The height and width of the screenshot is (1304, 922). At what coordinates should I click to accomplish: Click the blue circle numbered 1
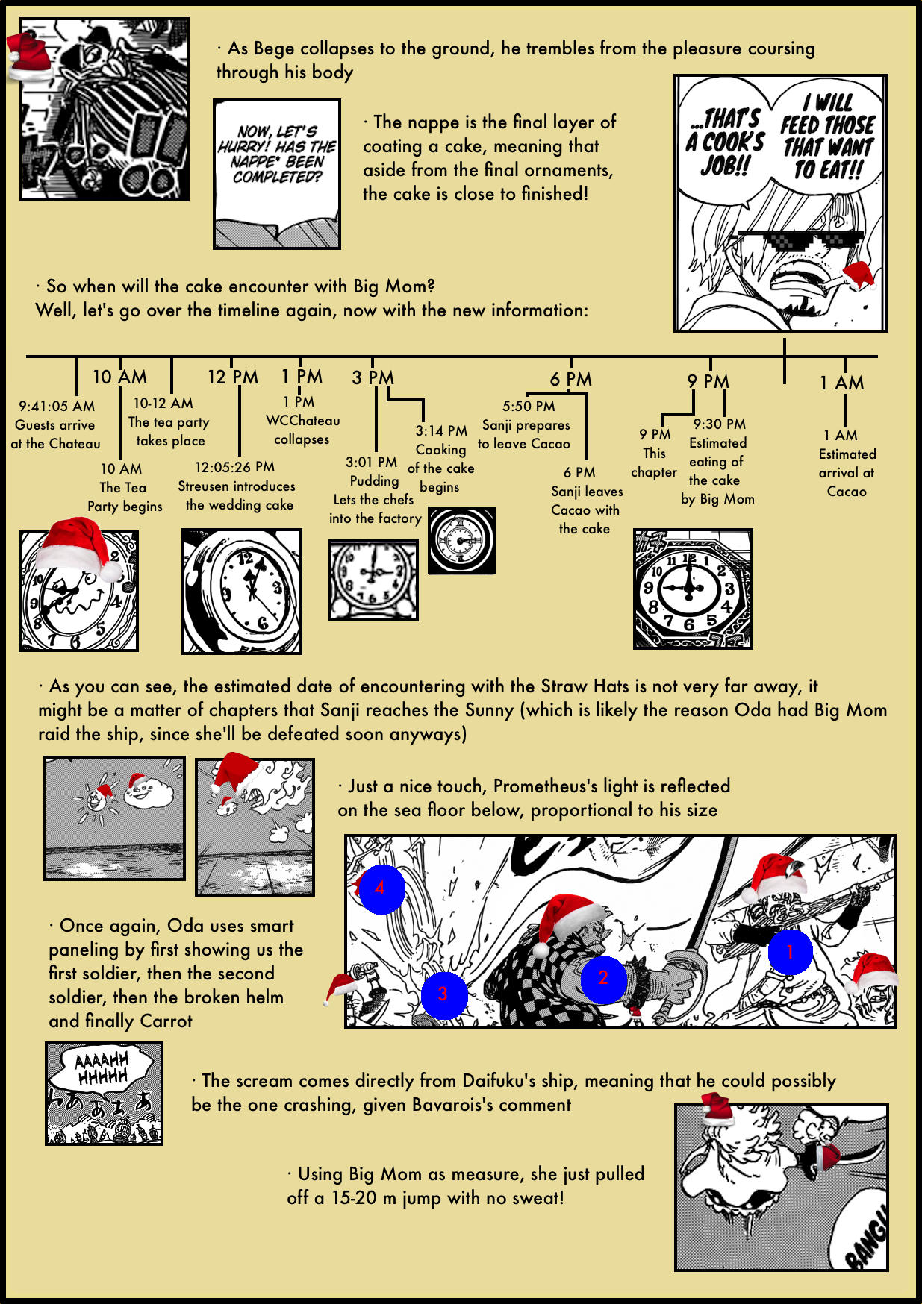point(790,952)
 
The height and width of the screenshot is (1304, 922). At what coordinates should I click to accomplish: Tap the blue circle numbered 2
point(602,979)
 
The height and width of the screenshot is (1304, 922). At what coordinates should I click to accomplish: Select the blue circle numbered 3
point(443,994)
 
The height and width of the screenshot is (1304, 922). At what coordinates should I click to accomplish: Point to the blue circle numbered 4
point(381,888)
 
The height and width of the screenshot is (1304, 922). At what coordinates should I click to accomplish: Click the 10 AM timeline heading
point(119,377)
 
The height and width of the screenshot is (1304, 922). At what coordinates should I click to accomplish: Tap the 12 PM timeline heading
point(232,377)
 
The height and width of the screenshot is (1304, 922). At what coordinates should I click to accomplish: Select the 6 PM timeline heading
point(570,380)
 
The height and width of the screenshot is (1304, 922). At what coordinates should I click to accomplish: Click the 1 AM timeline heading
point(841,383)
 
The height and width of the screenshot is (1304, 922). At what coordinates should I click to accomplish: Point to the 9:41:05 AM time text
point(57,407)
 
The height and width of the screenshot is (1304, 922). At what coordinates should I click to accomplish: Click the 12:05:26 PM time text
point(234,468)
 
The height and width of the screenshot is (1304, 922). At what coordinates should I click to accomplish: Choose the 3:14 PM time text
point(441,431)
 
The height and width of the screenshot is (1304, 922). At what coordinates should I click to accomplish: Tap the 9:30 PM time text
point(719,424)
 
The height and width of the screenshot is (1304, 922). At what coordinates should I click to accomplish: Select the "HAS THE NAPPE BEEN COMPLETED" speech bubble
point(277,155)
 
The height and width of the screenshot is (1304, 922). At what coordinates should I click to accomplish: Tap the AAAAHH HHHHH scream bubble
point(103,1068)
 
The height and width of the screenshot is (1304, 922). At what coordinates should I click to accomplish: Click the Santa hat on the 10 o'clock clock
point(78,545)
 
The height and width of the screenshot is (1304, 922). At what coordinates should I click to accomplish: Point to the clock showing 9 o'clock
point(692,589)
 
